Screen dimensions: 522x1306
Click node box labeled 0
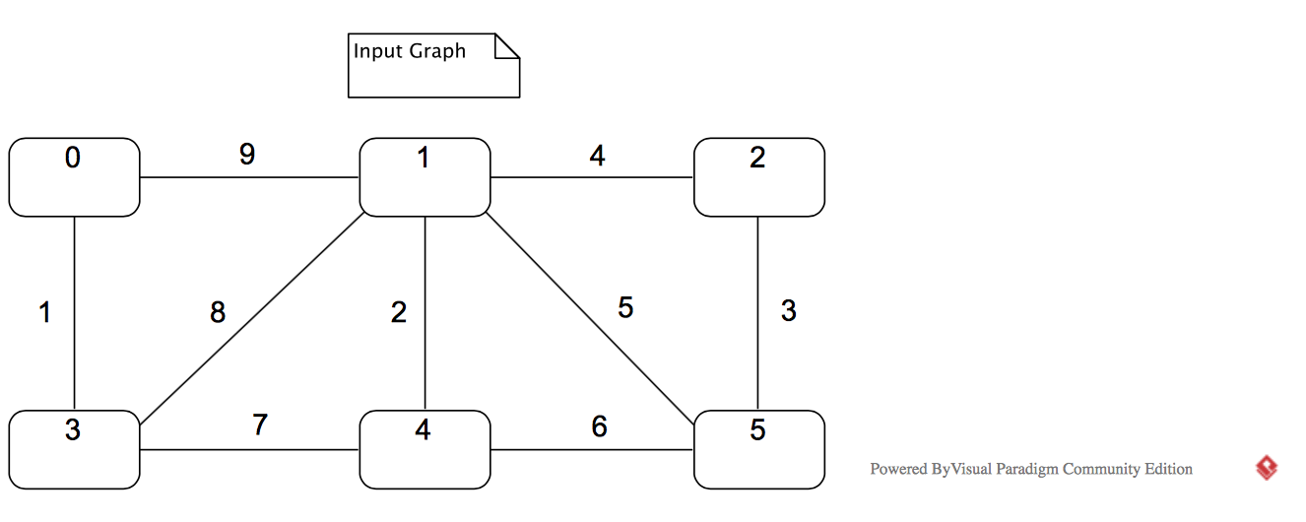pyautogui.click(x=74, y=177)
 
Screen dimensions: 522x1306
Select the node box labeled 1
pyautogui.click(x=424, y=177)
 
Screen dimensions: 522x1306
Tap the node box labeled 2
pyautogui.click(x=758, y=177)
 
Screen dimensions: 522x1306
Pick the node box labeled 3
pyautogui.click(x=74, y=450)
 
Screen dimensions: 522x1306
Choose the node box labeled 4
pyautogui.click(x=424, y=450)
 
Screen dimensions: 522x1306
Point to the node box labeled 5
pyautogui.click(x=758, y=450)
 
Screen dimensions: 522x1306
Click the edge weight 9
pyautogui.click(x=247, y=155)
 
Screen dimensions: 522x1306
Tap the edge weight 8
pyautogui.click(x=218, y=312)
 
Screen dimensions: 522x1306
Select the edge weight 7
pyautogui.click(x=260, y=425)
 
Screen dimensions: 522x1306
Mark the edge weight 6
pyautogui.click(x=599, y=426)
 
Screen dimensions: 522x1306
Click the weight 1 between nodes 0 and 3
pyautogui.click(x=44, y=312)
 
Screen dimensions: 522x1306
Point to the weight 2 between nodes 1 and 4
pyautogui.click(x=398, y=312)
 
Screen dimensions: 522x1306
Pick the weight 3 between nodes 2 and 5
pyautogui.click(x=788, y=310)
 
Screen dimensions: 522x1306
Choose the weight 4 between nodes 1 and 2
pyautogui.click(x=597, y=156)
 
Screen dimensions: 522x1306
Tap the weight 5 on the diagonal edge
pyautogui.click(x=625, y=307)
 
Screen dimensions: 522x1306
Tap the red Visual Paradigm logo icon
pyautogui.click(x=1267, y=468)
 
